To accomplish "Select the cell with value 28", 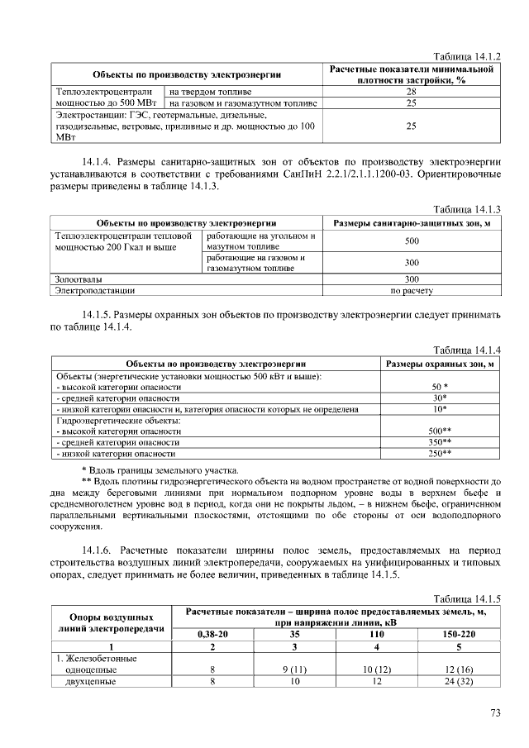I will pos(411,92).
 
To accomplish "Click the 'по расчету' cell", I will pos(411,291).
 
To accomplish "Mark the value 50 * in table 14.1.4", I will pos(440,387).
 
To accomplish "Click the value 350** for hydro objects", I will pos(440,442).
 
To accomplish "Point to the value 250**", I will pos(440,454).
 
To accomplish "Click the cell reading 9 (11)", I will pos(295,669).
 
